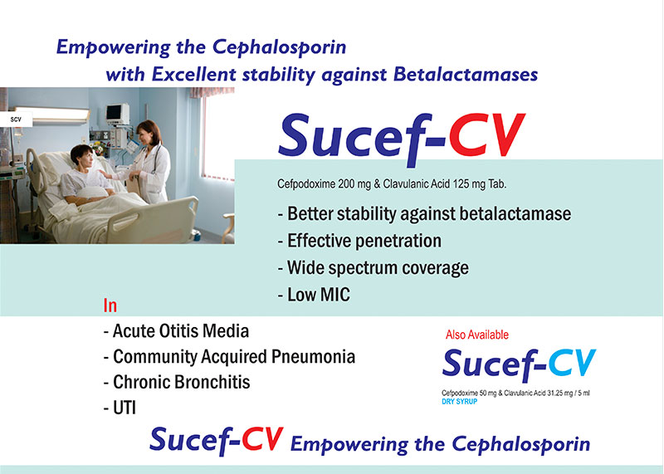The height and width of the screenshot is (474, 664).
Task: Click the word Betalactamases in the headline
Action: pyautogui.click(x=466, y=74)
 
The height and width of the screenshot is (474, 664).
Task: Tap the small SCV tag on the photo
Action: pyautogui.click(x=16, y=120)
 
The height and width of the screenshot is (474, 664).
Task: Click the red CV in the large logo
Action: pyautogui.click(x=487, y=135)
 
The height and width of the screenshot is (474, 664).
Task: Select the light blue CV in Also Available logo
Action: pyautogui.click(x=572, y=363)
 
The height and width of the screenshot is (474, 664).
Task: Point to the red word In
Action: pyautogui.click(x=110, y=305)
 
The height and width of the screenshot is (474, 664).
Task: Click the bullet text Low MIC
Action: pyautogui.click(x=319, y=295)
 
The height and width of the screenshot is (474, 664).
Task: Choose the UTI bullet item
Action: pyautogui.click(x=124, y=408)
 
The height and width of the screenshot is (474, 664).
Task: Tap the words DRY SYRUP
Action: pyautogui.click(x=460, y=402)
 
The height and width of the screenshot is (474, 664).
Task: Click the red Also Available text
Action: pyautogui.click(x=476, y=335)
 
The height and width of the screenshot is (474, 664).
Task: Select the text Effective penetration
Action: pyautogui.click(x=364, y=241)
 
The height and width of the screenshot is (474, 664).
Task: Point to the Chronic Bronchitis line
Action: pyautogui.click(x=181, y=382)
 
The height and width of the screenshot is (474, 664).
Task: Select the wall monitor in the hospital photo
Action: pyautogui.click(x=117, y=114)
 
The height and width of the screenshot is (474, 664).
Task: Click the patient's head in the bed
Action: pyautogui.click(x=81, y=156)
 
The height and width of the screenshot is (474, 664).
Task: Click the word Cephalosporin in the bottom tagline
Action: pyautogui.click(x=521, y=445)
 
